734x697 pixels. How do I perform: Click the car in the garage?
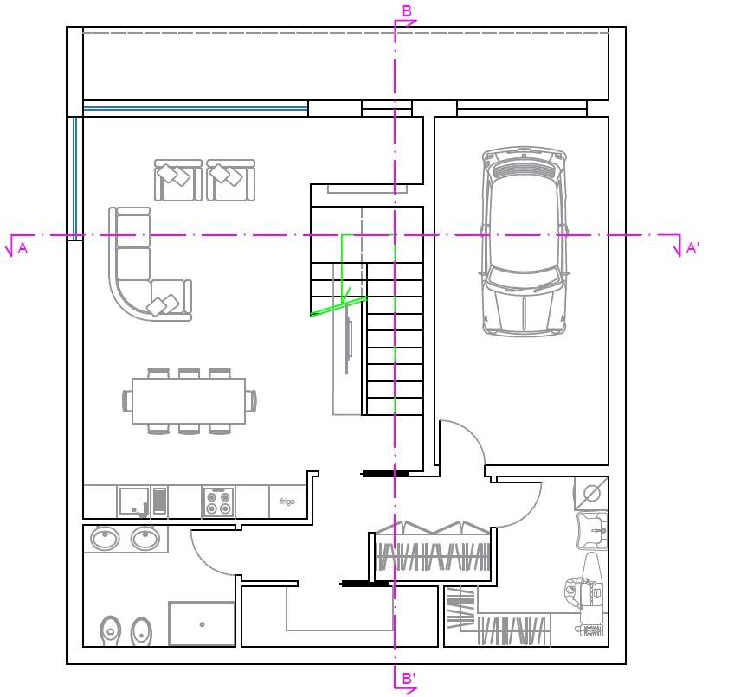[525, 241]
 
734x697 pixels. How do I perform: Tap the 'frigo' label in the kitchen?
[287, 501]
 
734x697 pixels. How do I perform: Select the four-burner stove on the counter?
[219, 502]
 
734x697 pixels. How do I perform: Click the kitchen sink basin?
[134, 502]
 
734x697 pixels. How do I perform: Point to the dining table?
[189, 401]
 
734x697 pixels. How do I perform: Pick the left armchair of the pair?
[178, 180]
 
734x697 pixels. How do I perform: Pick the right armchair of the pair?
[231, 180]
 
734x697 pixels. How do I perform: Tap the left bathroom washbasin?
[105, 539]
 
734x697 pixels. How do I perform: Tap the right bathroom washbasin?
[145, 539]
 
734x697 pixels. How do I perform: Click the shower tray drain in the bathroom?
[203, 624]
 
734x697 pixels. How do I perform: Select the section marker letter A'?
[692, 248]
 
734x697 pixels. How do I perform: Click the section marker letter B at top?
[408, 10]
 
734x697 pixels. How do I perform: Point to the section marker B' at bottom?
[409, 678]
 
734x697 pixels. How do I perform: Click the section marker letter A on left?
[23, 248]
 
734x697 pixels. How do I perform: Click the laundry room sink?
[593, 530]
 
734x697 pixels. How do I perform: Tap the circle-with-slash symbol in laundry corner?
[592, 493]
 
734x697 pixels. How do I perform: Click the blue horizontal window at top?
[196, 109]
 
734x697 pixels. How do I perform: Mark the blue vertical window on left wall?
[74, 178]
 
